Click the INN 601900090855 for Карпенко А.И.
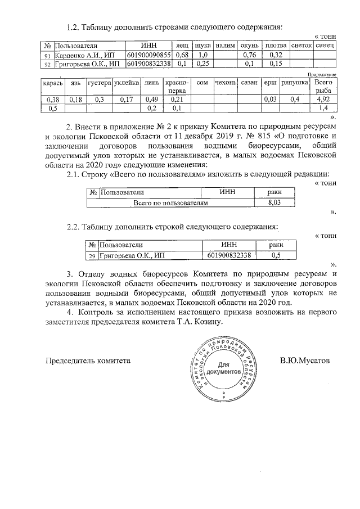point(148,55)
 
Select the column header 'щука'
point(202,44)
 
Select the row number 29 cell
point(92,256)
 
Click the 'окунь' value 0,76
point(249,55)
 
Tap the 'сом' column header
point(203,83)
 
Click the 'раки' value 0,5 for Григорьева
point(276,256)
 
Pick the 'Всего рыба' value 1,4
point(322,108)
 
